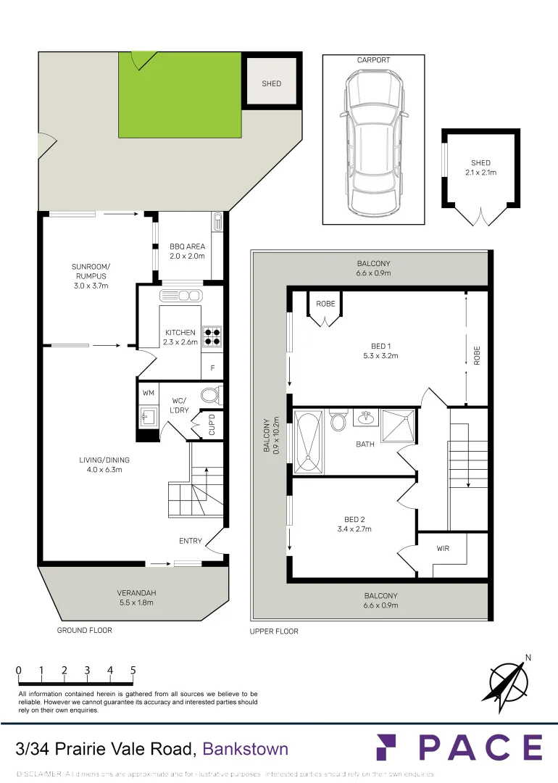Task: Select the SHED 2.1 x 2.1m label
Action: click(480, 167)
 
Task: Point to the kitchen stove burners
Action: click(212, 335)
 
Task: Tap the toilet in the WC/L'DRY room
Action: click(209, 396)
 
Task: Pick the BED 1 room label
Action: click(380, 352)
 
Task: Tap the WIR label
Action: click(443, 548)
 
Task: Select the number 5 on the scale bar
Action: click(133, 671)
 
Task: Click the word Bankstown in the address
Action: click(245, 749)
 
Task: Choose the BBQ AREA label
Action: click(187, 251)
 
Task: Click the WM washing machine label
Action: click(149, 392)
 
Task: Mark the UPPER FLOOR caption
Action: click(274, 631)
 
